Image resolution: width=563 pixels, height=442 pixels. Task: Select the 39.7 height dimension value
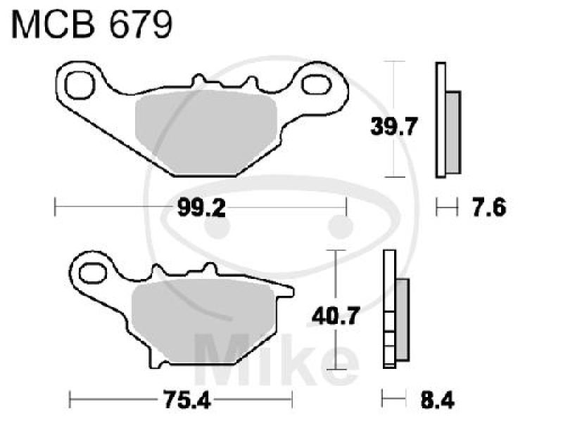coord(395,127)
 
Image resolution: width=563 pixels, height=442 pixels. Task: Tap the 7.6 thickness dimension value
coord(481,207)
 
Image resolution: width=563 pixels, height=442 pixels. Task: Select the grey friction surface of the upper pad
coord(204,134)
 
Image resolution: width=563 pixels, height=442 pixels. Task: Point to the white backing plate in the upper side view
coord(441,119)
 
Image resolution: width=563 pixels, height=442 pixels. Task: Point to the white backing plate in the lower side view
coord(386,309)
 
